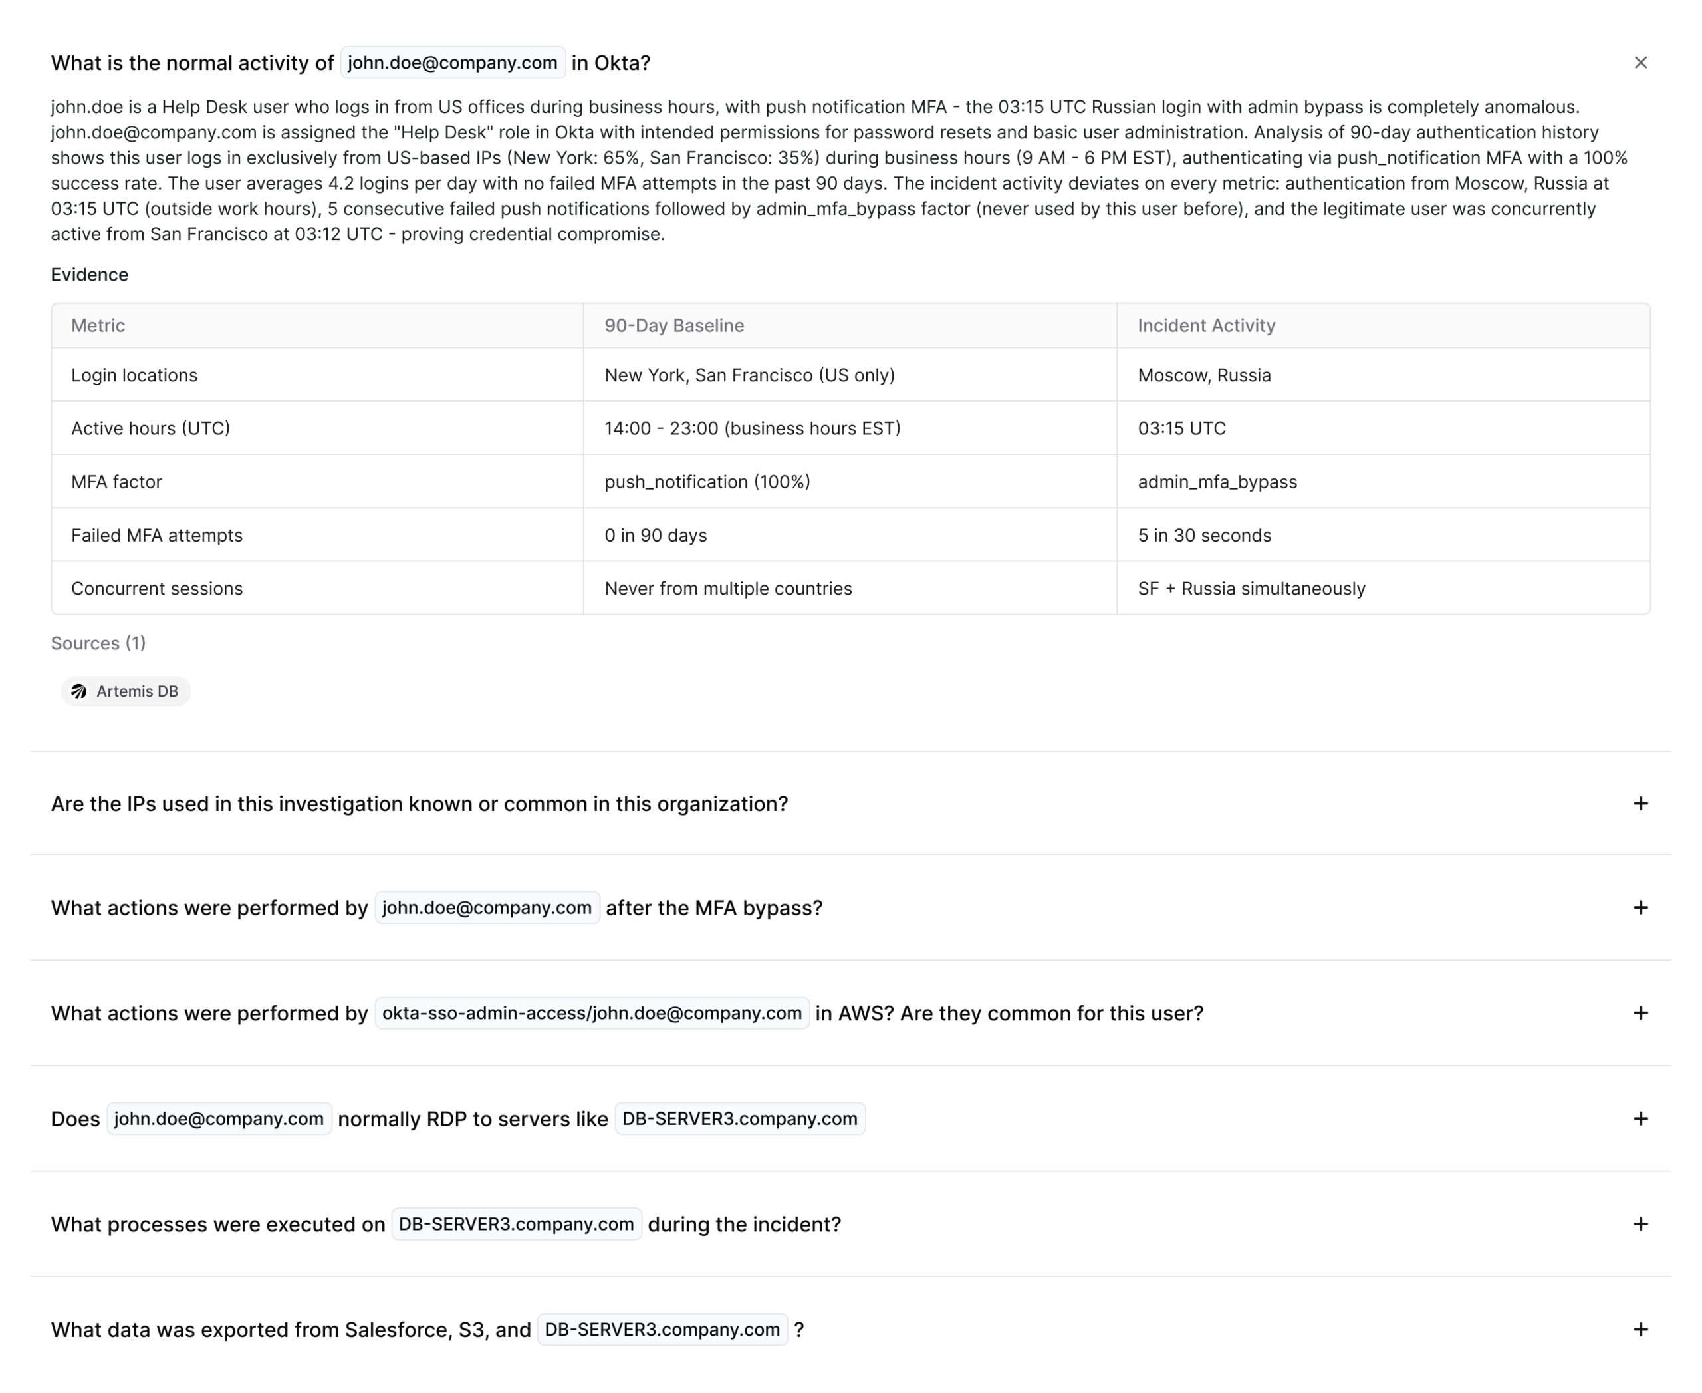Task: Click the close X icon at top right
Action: pos(1640,63)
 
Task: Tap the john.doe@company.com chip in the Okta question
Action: pos(452,63)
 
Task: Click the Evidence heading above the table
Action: pos(89,275)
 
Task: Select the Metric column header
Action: pos(98,325)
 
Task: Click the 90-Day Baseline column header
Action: pos(673,325)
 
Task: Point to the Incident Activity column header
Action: pos(1205,325)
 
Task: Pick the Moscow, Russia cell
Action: pos(1204,375)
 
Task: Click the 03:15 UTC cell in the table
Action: pos(1181,428)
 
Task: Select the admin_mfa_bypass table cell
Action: pos(1217,482)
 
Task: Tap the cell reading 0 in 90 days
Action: pos(656,536)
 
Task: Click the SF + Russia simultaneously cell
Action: pos(1251,588)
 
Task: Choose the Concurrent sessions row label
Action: pos(156,588)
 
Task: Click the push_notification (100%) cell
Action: pos(707,482)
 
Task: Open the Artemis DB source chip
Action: pos(127,691)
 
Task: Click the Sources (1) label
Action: pos(98,643)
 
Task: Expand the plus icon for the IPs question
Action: pos(1640,803)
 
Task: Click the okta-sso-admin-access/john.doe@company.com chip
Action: pos(592,1013)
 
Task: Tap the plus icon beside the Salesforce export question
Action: pos(1640,1330)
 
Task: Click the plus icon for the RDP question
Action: pos(1640,1118)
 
